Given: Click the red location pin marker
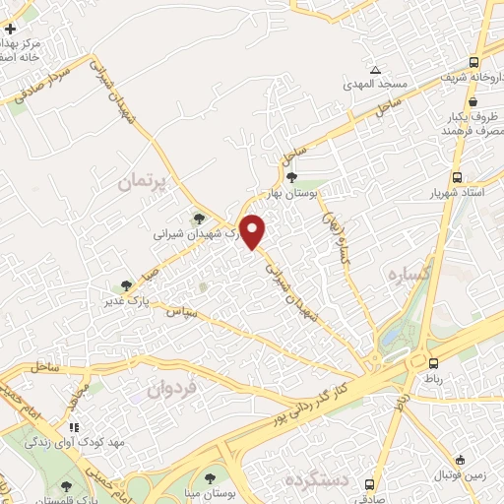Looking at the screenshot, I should point(253,231).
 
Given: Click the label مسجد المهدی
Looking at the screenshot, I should point(374,85).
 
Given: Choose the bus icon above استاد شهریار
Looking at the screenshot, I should point(458,177).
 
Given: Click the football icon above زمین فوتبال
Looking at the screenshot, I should point(460,459).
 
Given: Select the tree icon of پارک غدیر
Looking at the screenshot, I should point(124,285).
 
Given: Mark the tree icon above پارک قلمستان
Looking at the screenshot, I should point(65,485).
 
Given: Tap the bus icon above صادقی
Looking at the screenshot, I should point(369,484).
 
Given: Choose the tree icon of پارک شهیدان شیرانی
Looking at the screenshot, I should point(200,220).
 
